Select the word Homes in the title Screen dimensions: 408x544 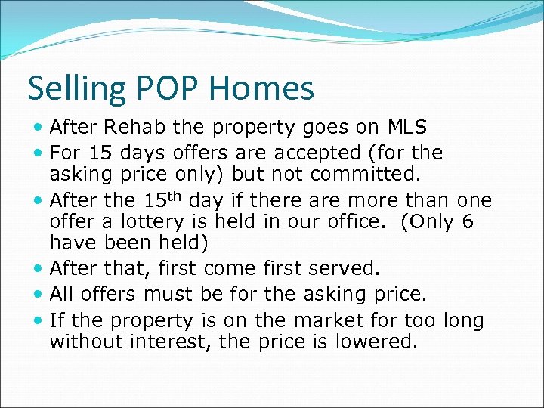click(262, 89)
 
